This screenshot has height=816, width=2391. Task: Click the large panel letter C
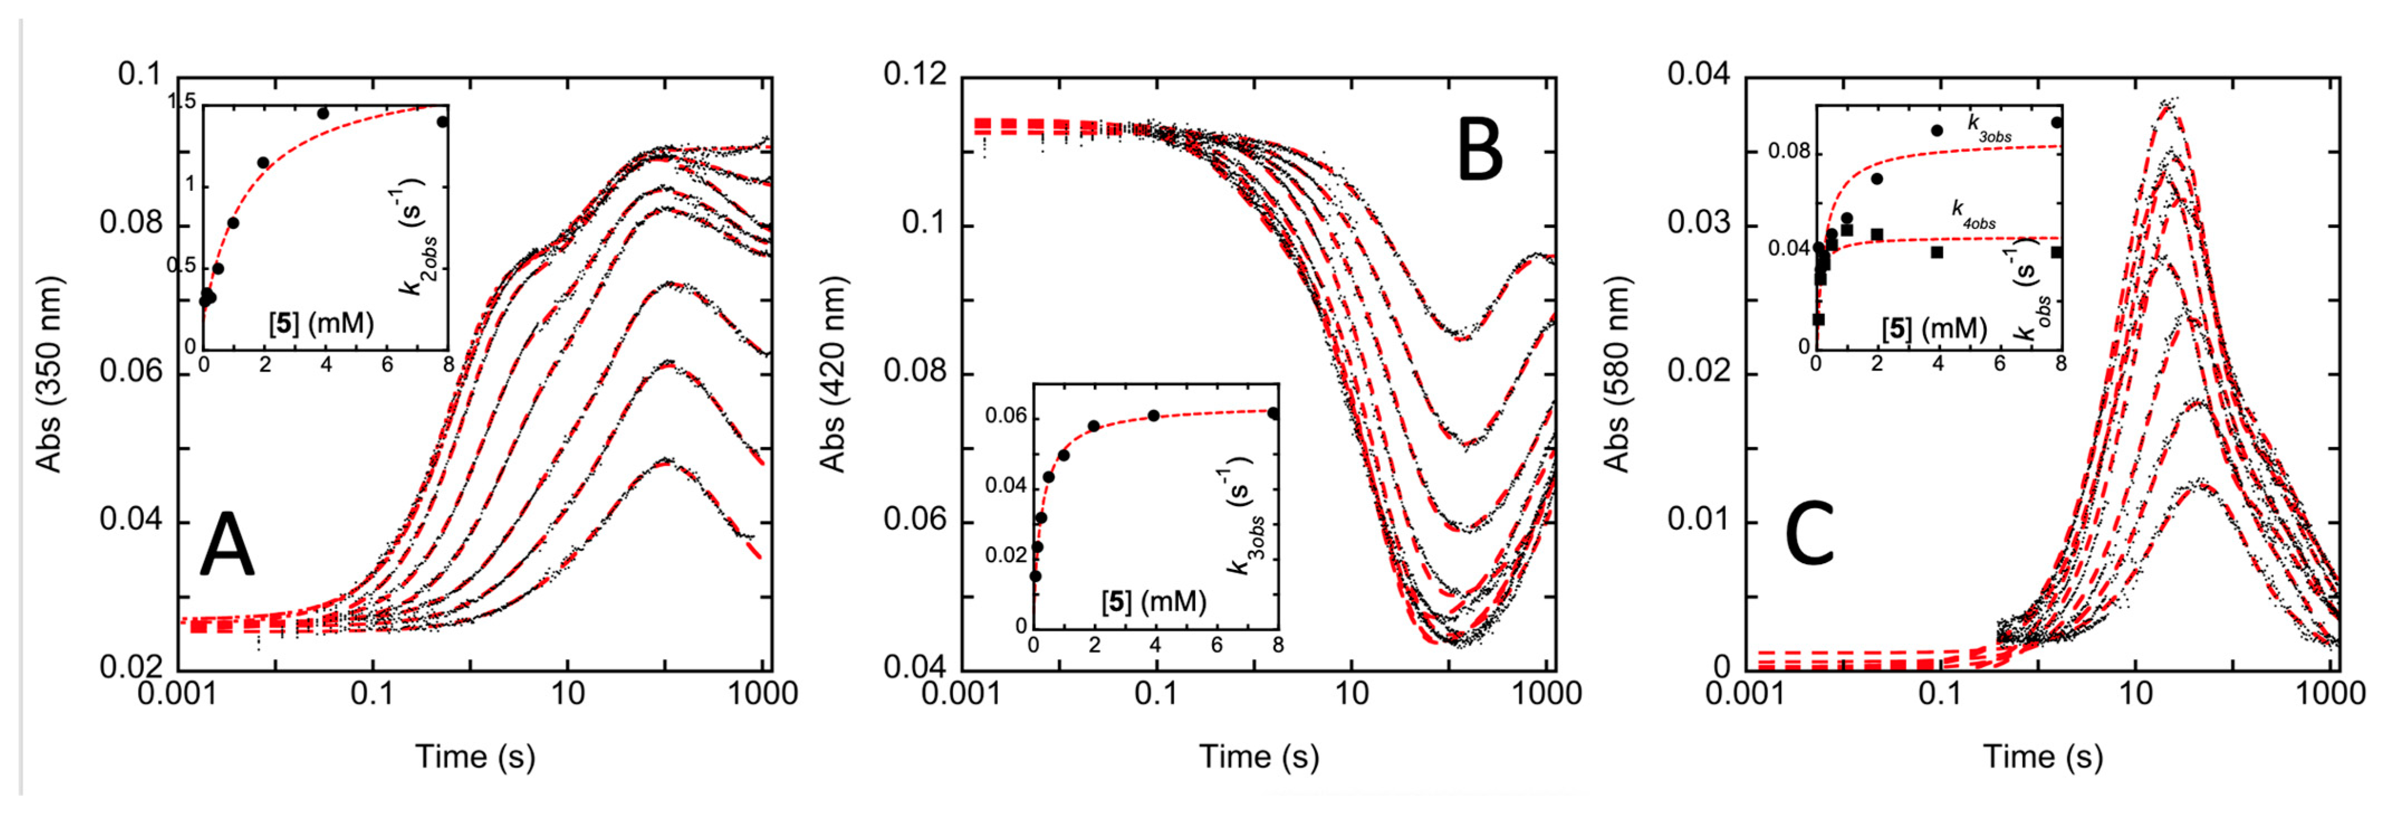(1810, 535)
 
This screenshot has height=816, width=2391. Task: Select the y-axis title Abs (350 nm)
(48, 374)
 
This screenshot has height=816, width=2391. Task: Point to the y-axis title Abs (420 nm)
(833, 374)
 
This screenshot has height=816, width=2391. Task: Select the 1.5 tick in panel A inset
(183, 102)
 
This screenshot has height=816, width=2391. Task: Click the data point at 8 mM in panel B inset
(1273, 413)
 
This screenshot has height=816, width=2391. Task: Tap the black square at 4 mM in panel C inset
(1937, 252)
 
